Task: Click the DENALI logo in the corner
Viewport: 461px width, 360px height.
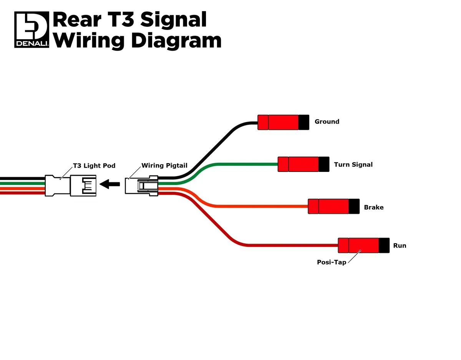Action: [32, 30]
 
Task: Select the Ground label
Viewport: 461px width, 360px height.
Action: [327, 122]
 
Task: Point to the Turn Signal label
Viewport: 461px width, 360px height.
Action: [353, 165]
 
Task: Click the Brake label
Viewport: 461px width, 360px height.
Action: [374, 207]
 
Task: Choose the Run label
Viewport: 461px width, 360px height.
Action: [400, 245]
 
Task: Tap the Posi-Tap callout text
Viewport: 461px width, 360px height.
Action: [332, 262]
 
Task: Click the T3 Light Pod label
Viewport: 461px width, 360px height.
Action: [94, 166]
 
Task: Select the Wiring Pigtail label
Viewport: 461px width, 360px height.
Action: [164, 166]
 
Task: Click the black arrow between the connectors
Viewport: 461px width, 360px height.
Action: [110, 185]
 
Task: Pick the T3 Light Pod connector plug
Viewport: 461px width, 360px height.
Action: [71, 186]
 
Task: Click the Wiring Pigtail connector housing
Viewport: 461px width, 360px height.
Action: [141, 186]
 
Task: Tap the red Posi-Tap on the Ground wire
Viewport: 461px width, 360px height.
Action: [278, 122]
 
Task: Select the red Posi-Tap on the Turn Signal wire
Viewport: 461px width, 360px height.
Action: [298, 164]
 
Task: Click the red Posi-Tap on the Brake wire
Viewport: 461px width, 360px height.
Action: [328, 206]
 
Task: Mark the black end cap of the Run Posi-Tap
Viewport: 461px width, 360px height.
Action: [384, 245]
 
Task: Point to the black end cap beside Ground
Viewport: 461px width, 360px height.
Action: [304, 122]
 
